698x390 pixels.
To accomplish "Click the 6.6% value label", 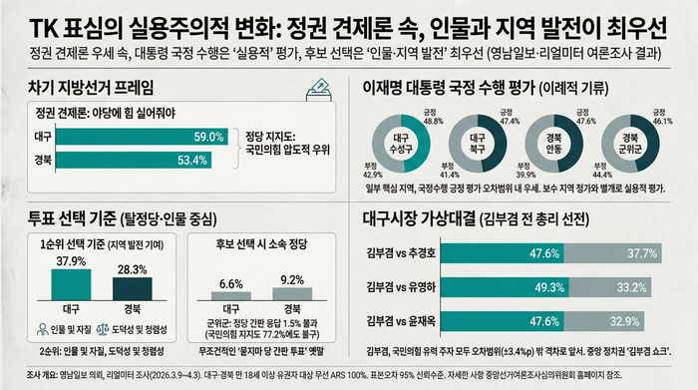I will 230,284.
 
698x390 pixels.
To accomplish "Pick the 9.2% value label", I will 292,280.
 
